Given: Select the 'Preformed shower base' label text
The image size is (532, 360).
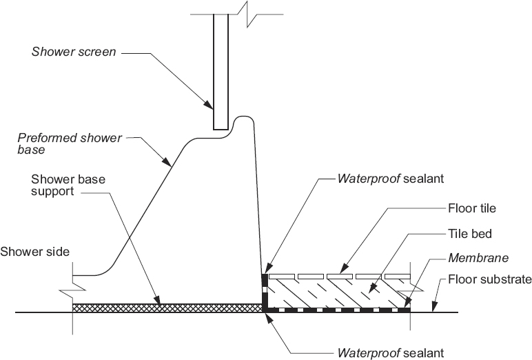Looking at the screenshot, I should [69, 143].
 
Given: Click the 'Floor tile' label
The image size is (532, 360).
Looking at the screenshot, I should [471, 207].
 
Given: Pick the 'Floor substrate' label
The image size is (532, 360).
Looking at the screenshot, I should [489, 280].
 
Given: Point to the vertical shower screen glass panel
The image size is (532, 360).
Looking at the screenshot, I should [221, 69].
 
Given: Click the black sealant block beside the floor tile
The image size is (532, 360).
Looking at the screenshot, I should [265, 280].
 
